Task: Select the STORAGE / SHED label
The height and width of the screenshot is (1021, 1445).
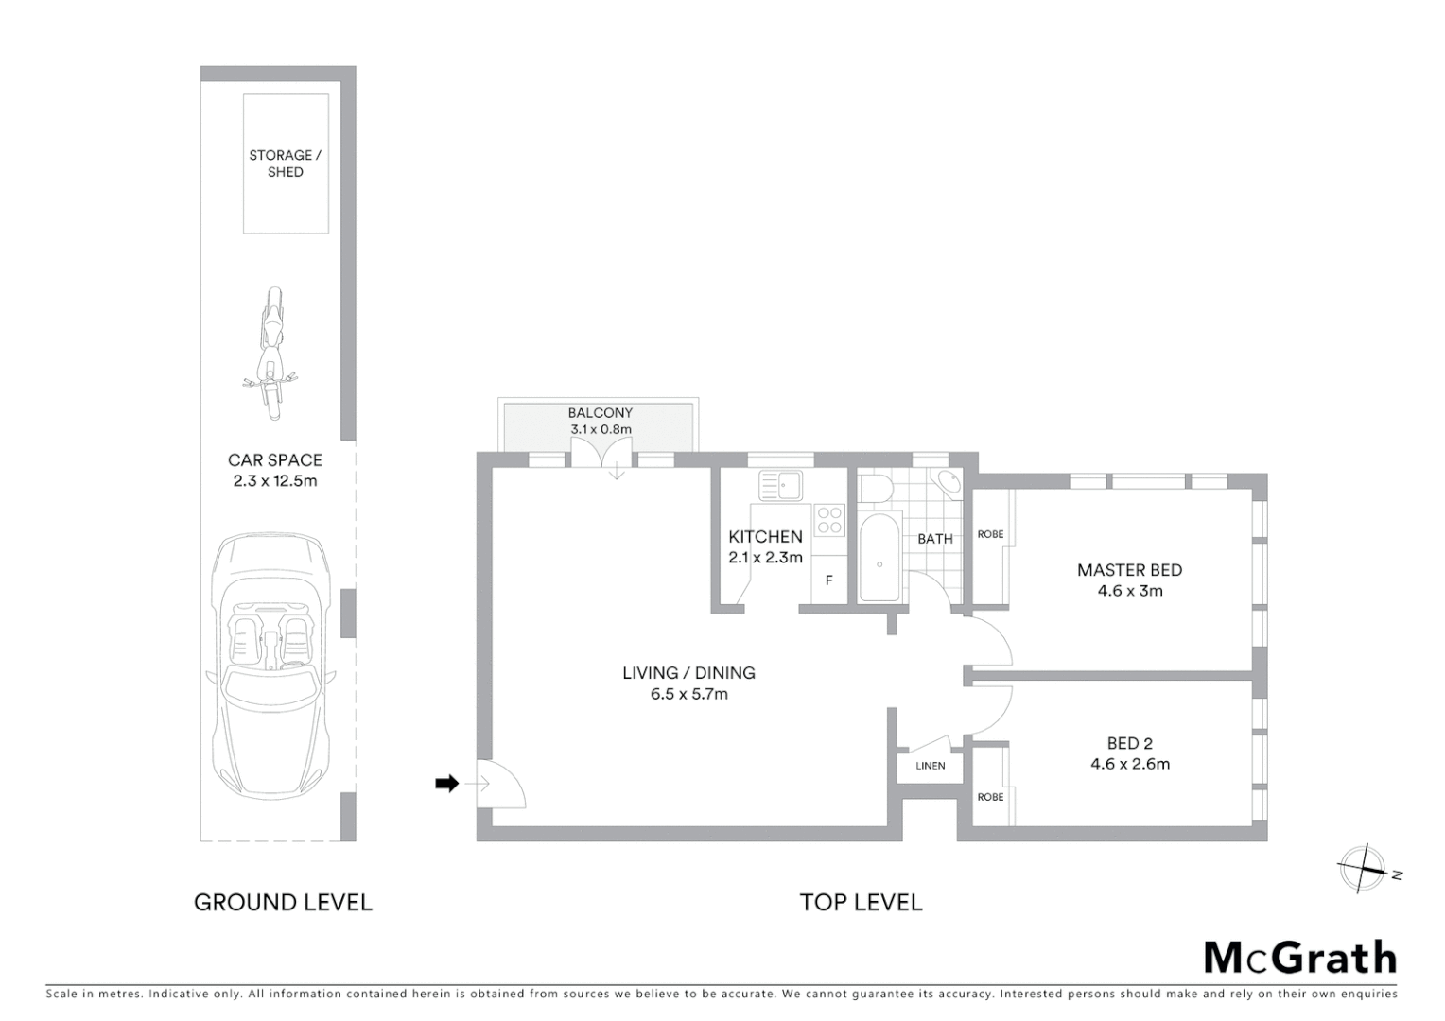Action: tap(285, 164)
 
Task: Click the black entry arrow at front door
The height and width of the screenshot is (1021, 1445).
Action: tap(446, 784)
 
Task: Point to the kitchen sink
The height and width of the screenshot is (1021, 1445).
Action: tap(781, 486)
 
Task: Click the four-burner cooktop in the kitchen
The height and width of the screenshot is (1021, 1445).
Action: tap(829, 520)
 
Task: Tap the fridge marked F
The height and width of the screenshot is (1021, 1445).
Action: tap(828, 580)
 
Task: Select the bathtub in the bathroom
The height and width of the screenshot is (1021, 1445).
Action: tap(879, 558)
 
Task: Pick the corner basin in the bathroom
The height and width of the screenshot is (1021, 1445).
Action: tap(948, 482)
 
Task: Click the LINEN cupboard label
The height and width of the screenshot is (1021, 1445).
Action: tap(930, 766)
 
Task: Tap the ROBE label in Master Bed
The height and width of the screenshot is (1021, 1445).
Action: tap(990, 534)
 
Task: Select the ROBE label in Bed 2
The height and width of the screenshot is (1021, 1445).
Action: tap(990, 797)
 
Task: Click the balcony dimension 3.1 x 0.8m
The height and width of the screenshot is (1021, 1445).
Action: tap(601, 429)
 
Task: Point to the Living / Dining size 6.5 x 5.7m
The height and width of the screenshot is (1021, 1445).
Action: tap(688, 694)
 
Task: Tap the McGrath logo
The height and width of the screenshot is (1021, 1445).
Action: tap(1299, 958)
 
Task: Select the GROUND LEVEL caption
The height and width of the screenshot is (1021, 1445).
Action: tap(283, 903)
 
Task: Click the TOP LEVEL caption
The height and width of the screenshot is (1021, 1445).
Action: tap(861, 903)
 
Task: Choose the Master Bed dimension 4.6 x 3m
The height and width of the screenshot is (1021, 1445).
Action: tap(1129, 591)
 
